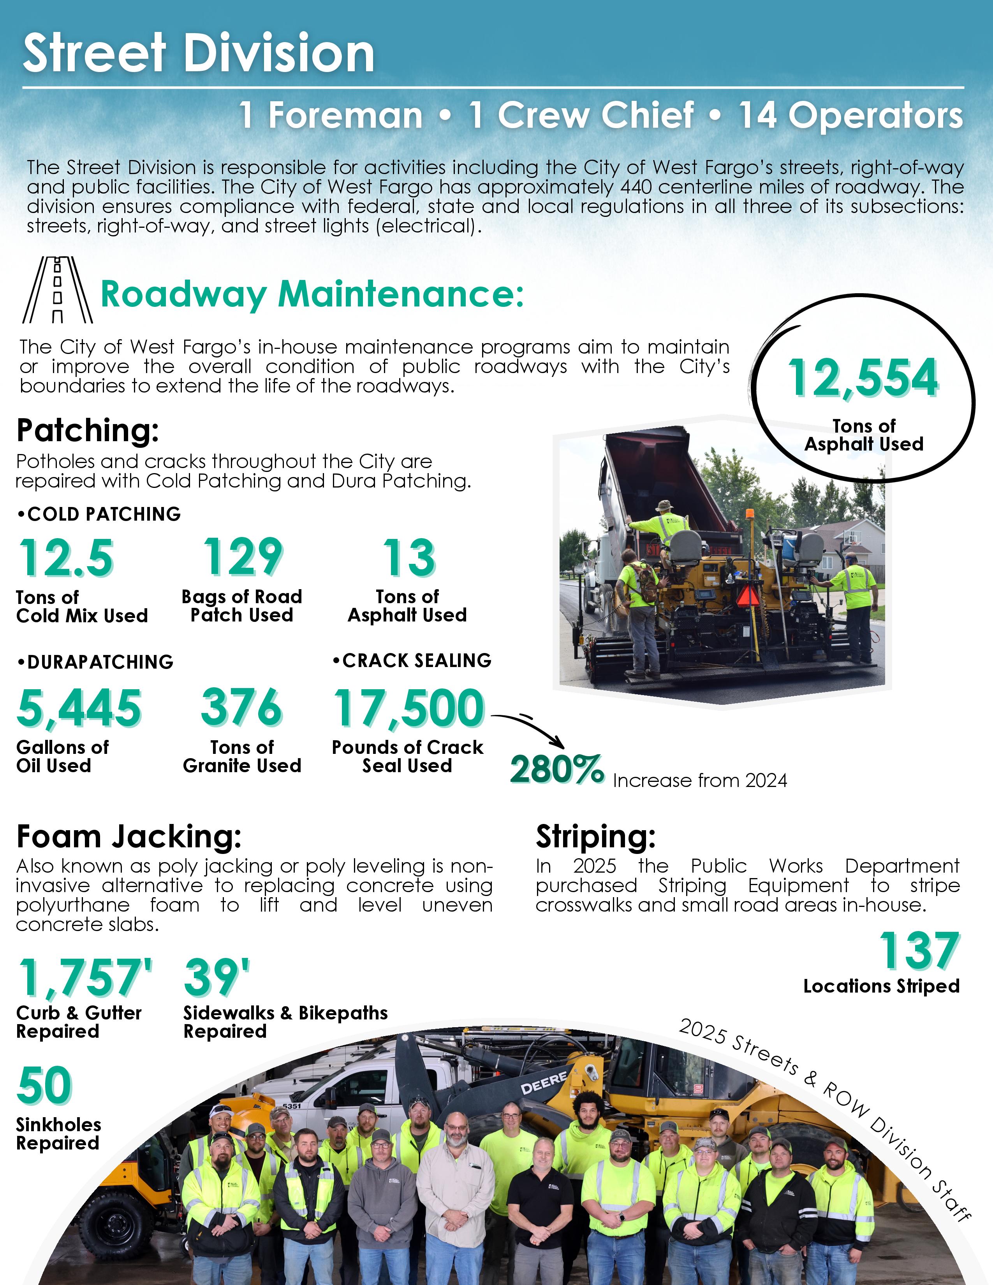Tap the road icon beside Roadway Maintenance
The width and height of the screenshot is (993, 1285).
(x=57, y=290)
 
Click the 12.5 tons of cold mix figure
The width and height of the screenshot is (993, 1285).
(x=67, y=558)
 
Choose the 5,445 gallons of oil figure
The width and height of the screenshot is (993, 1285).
(x=79, y=708)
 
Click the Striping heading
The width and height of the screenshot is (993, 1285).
(x=595, y=836)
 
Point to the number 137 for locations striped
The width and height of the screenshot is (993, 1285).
(x=919, y=951)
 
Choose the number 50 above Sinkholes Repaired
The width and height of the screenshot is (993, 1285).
(x=44, y=1086)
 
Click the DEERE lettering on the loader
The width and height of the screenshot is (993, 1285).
(x=544, y=1083)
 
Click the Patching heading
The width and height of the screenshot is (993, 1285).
(x=88, y=430)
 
